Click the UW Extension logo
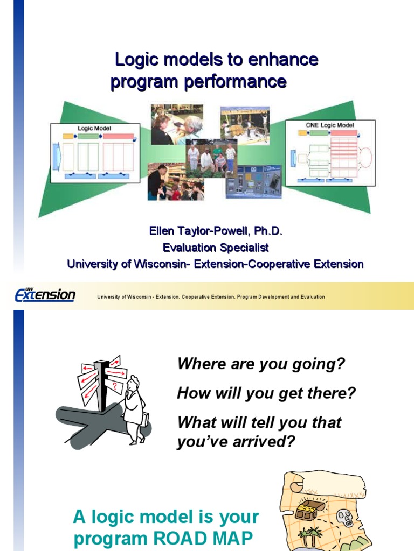point(45,295)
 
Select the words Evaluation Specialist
point(216,248)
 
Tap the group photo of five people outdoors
point(211,157)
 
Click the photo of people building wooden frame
point(244,125)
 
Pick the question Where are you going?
point(261,364)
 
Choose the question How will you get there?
point(266,393)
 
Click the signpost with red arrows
point(102,379)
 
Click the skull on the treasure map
point(343,518)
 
